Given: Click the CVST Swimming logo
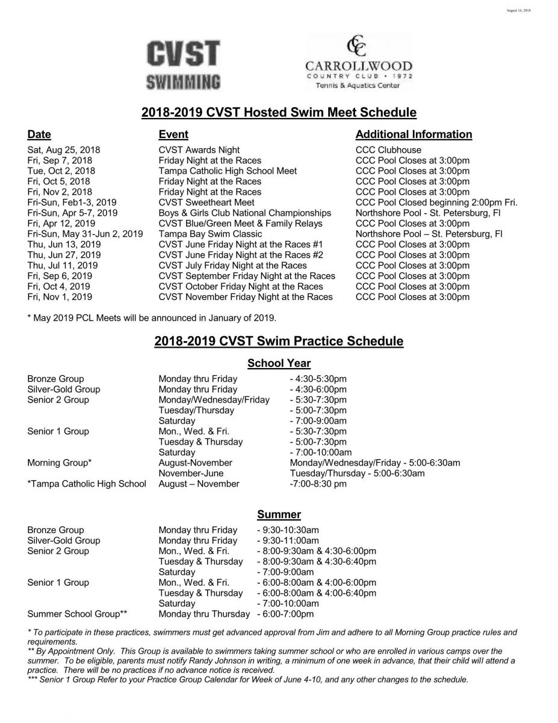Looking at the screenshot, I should [x=184, y=64].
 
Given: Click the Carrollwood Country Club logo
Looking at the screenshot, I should [x=358, y=63].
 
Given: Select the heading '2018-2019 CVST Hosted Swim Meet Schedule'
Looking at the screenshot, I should [x=279, y=112].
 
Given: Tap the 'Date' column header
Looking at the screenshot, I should [x=39, y=134].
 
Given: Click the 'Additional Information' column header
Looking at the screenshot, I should [x=414, y=134].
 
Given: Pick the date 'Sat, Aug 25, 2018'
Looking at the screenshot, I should [x=64, y=150].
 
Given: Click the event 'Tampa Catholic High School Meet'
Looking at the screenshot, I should [x=228, y=171].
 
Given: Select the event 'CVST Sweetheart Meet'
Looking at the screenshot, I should [x=206, y=202].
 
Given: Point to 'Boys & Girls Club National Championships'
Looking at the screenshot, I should [x=245, y=213].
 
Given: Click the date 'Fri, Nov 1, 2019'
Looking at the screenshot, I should [x=60, y=297].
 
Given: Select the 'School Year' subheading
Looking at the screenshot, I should [x=279, y=363].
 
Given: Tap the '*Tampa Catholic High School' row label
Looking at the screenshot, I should [x=87, y=484].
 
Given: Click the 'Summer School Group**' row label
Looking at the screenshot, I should [x=77, y=614].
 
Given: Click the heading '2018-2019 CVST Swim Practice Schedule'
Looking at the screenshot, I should [x=279, y=342].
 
